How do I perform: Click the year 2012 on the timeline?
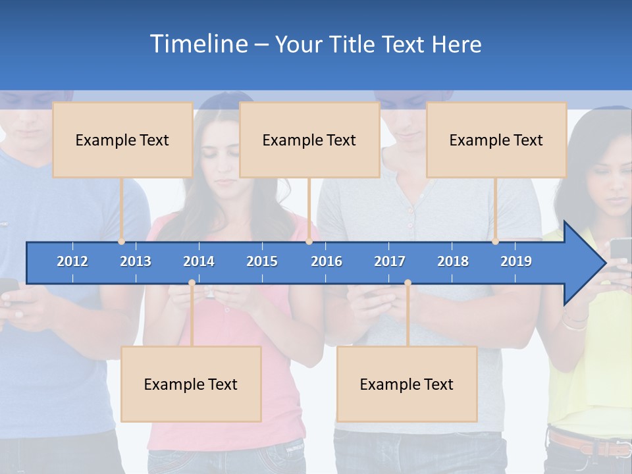coord(72,261)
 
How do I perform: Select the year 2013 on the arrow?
coord(136,261)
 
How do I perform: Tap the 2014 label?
coord(199,261)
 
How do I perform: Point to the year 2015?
coord(262,261)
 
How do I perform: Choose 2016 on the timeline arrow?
coord(327,261)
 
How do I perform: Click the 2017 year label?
coord(390,261)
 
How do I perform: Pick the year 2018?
coord(453,261)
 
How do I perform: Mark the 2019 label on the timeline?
coord(516,261)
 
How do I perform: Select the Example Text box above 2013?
coord(122,140)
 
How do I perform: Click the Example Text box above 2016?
coord(309,140)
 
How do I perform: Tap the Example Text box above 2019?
coord(496,140)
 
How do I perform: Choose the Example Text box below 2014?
coord(191,384)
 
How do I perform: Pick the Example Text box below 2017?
coord(407,384)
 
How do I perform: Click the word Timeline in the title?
coord(198,44)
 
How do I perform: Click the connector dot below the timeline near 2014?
coord(192,283)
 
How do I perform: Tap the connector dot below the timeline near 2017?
coord(408,283)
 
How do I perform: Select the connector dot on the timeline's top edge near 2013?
coord(122,242)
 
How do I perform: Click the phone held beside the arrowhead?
coord(620,250)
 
